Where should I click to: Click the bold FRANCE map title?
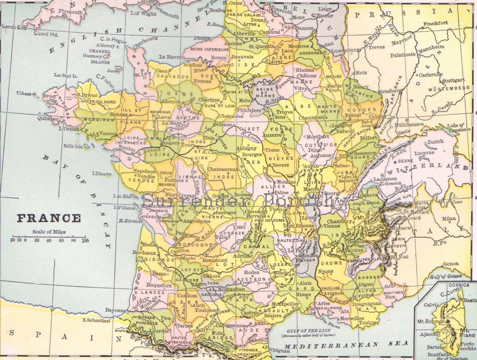49,218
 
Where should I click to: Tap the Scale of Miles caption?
49,232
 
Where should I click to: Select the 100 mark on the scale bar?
85,240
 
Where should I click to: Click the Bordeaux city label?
144,253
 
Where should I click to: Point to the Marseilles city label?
352,318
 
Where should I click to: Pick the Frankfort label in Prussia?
436,23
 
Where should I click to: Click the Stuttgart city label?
453,80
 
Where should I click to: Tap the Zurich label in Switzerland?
435,142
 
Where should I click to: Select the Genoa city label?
451,264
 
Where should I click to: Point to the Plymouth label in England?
70,12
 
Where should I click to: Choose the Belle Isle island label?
73,146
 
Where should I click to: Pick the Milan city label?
448,218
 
